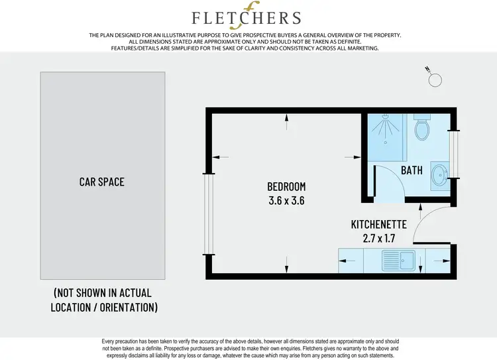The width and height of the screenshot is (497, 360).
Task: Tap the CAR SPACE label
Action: (x=102, y=182)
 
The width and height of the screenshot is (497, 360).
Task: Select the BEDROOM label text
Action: (x=286, y=186)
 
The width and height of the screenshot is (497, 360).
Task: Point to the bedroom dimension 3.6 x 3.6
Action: (x=286, y=200)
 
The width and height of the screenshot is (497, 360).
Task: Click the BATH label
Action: (x=412, y=170)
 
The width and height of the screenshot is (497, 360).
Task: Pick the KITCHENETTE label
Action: (x=378, y=225)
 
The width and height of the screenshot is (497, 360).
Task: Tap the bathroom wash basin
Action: (x=439, y=175)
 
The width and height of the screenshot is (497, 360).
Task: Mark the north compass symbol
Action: (x=434, y=78)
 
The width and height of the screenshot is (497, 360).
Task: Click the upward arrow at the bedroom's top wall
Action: (x=286, y=120)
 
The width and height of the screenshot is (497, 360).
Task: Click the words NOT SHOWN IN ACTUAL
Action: (x=103, y=292)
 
